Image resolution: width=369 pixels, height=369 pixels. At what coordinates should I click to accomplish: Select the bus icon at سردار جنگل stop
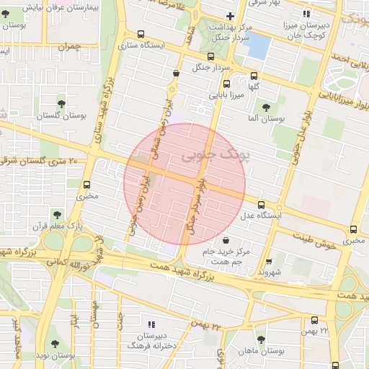[210, 56]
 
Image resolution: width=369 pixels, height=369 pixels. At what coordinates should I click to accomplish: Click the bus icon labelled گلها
[254, 76]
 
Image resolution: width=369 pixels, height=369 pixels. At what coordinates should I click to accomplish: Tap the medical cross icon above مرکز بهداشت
[230, 16]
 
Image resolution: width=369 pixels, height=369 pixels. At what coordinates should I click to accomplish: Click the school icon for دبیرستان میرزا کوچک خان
[306, 14]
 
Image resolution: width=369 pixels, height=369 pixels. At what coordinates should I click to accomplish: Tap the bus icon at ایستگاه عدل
[260, 205]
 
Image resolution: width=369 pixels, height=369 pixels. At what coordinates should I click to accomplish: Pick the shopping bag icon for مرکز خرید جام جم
[226, 240]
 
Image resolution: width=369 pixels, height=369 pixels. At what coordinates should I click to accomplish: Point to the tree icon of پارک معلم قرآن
[56, 214]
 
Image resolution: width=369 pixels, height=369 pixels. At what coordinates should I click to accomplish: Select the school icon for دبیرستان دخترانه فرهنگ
[151, 325]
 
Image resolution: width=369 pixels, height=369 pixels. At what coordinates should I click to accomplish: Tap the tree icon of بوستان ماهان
[261, 339]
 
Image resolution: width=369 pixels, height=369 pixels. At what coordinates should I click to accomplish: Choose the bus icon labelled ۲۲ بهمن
[314, 320]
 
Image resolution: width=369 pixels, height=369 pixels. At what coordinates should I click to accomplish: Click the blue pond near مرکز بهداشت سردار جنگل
[257, 45]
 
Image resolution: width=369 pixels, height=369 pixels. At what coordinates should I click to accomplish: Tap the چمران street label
[70, 46]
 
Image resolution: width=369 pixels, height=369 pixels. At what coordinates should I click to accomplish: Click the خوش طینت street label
[321, 245]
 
